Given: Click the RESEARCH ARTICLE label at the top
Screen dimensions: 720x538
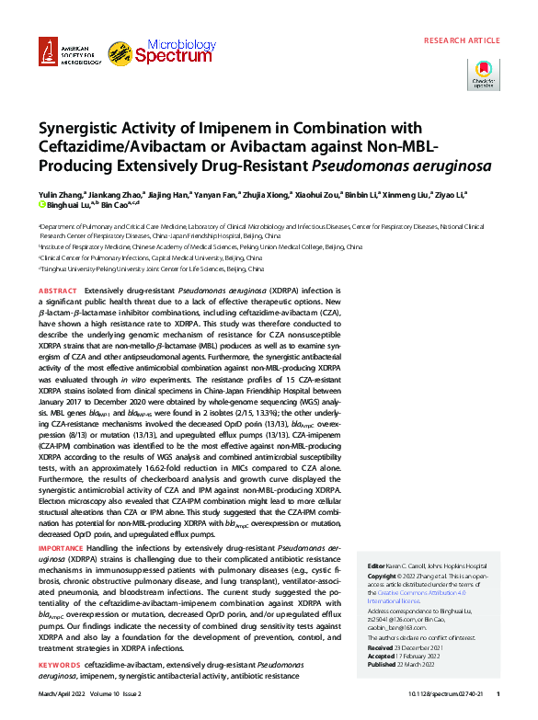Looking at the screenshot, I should (463, 40).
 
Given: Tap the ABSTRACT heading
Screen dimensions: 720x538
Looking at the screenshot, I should (57, 290).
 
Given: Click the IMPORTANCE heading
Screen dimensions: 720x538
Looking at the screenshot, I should (61, 545).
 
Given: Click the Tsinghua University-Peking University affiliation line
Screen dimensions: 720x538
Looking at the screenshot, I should (153, 270).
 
